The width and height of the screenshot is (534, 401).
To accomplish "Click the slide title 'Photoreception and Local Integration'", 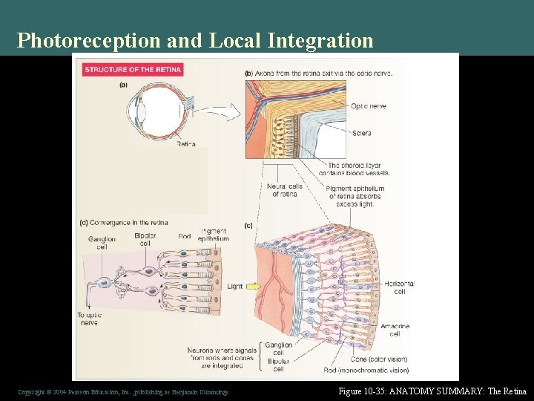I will [x=195, y=40].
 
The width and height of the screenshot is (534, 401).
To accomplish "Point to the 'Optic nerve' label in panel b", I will [x=368, y=106].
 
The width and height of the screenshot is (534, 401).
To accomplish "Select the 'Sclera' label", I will [x=361, y=133].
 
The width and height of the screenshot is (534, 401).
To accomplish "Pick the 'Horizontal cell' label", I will [x=400, y=287].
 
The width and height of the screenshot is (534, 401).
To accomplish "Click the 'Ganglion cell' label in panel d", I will [x=102, y=243].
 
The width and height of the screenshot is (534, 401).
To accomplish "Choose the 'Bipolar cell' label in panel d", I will [x=145, y=239].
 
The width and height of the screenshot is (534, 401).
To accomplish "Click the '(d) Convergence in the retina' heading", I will [x=123, y=222].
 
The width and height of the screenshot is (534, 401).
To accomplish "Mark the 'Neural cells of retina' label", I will [x=284, y=191].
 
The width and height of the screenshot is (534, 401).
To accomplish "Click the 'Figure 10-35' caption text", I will [x=432, y=391].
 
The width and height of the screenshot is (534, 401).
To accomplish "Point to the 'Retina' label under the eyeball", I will [x=185, y=144].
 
